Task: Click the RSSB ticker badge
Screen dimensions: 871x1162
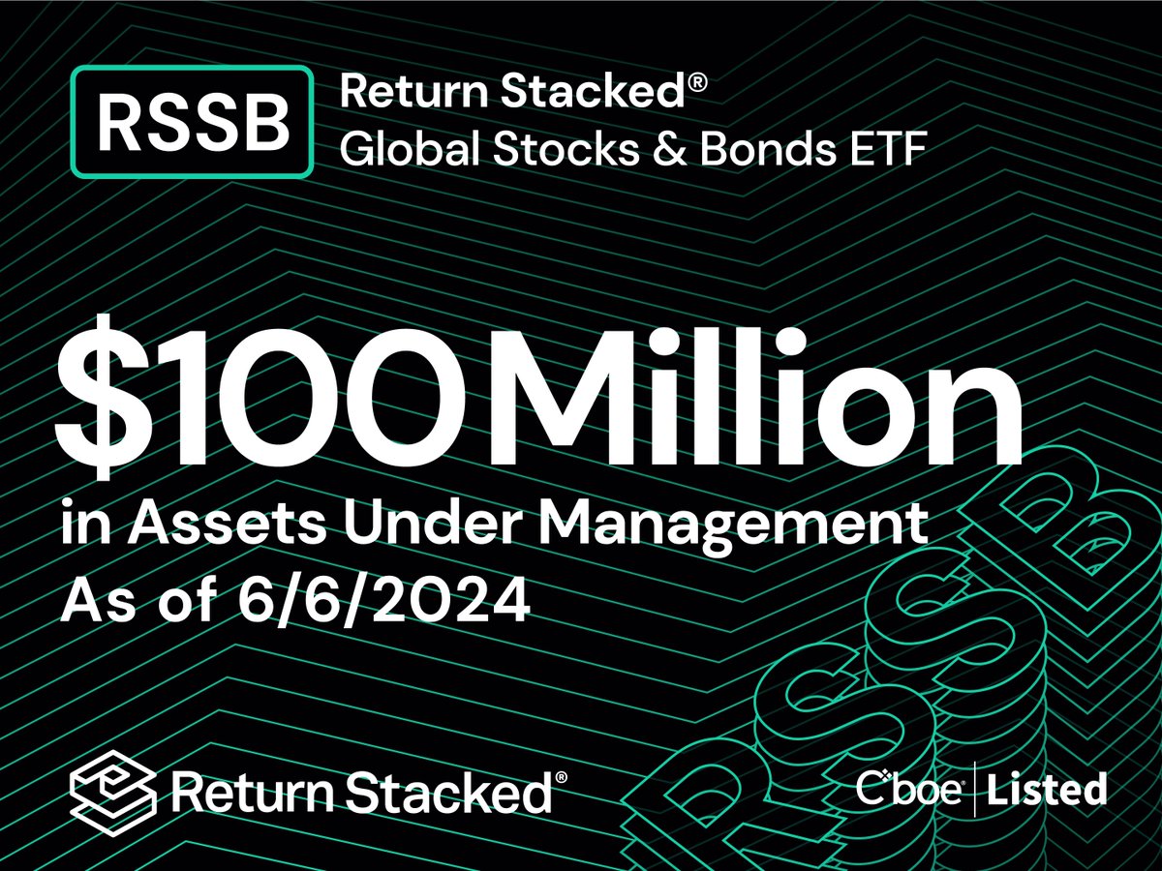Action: (193, 123)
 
